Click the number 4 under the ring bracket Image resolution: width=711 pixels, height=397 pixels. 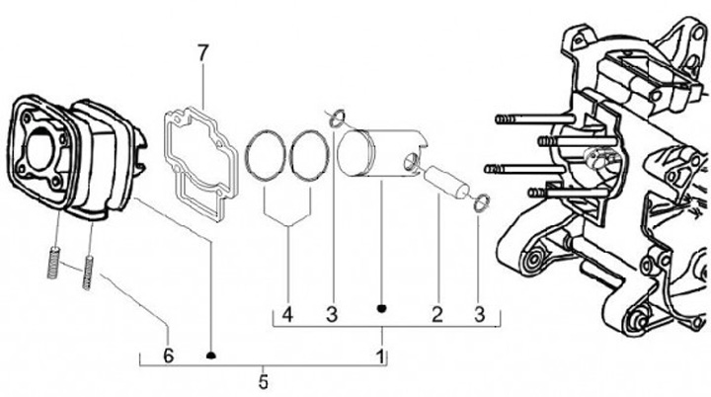(286, 315)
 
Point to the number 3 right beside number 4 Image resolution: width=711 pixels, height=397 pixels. (333, 315)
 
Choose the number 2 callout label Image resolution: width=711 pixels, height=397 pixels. (434, 315)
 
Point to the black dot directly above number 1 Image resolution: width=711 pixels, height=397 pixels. (381, 309)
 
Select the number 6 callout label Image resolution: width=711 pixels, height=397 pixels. (168, 353)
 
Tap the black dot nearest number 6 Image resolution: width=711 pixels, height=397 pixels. (210, 353)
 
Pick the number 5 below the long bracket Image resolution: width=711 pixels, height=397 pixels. (263, 379)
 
